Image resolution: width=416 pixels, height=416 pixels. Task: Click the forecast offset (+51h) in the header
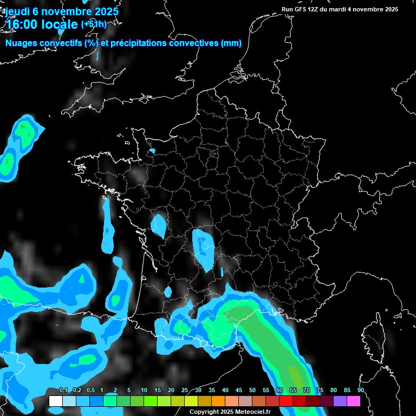point(94,24)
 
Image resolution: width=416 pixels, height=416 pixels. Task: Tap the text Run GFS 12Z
point(303,9)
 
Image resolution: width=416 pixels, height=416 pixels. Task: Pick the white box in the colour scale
point(55,401)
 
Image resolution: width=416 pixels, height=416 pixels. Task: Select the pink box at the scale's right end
point(354,401)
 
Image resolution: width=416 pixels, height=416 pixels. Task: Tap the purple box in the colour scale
point(340,401)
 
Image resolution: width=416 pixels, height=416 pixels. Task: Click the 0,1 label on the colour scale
point(63,391)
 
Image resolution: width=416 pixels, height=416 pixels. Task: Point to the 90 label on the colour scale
point(360,391)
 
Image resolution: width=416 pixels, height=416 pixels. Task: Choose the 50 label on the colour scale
point(252,391)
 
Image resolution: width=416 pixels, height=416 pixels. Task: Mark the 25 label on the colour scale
point(185,391)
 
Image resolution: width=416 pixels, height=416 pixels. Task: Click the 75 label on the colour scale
point(320,391)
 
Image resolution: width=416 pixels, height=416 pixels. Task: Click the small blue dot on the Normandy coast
point(152,151)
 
